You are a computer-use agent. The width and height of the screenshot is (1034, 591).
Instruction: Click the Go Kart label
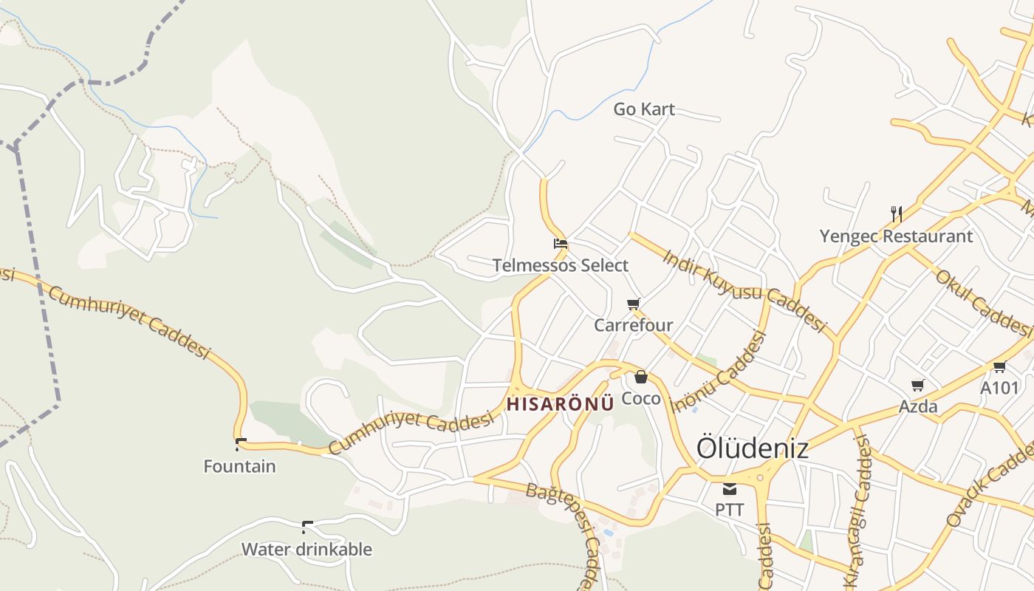coord(644,109)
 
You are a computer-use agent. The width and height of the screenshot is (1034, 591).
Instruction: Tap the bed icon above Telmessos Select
coord(561,243)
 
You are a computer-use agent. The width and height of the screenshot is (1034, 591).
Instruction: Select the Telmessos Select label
coord(561,265)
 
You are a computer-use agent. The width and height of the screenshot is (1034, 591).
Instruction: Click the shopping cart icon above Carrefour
coord(633,304)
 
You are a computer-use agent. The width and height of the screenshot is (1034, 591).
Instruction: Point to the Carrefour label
coord(634,325)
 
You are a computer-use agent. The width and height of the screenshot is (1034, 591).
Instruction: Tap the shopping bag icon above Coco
coord(640,377)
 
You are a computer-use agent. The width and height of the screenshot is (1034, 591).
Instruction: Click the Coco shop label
coord(641,398)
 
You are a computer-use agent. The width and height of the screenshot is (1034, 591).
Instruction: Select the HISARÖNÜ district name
coord(561,404)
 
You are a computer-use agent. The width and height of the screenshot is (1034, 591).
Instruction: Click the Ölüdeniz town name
coord(752,448)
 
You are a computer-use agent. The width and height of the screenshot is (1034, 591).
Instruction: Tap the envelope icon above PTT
coord(730,488)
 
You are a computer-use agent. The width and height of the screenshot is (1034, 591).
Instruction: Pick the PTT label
coord(730,510)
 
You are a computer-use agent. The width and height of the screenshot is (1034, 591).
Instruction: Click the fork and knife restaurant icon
coord(897,214)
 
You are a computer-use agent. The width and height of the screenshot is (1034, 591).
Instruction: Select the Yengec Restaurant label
coord(896,236)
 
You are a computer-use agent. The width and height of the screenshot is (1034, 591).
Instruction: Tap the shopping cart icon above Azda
coord(917,385)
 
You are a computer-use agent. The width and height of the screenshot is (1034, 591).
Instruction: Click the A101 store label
coord(999,388)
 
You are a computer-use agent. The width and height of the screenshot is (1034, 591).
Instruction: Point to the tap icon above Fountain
coord(240,445)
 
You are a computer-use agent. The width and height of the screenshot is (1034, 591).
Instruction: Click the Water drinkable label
coord(307,550)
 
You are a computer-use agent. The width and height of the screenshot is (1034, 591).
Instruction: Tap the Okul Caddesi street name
coord(983,300)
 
